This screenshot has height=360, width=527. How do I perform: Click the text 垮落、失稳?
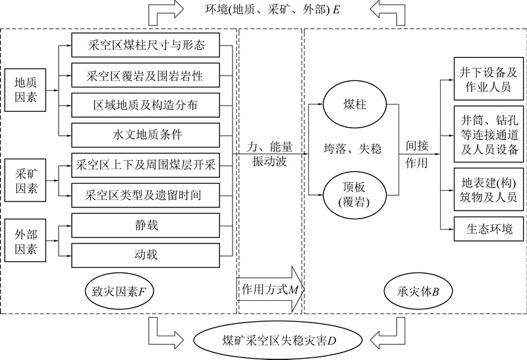point(352,149)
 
